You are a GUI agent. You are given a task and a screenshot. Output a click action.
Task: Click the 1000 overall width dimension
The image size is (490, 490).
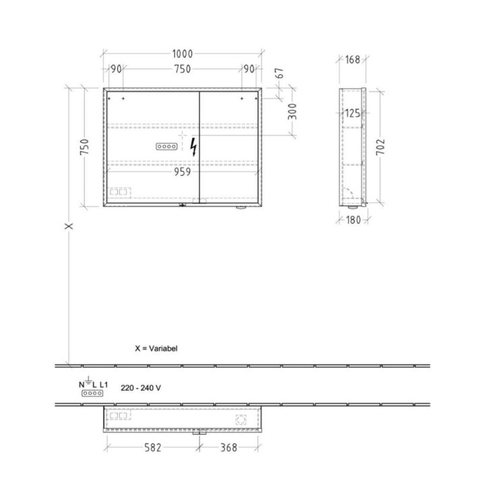(x=183, y=54)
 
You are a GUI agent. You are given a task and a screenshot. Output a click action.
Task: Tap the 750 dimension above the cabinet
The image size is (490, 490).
(x=183, y=69)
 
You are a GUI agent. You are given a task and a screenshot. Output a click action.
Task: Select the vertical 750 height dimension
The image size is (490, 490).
(x=84, y=146)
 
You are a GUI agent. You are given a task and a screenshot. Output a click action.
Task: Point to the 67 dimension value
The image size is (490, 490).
(x=280, y=73)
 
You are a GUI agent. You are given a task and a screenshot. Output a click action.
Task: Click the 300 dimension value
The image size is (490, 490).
(x=293, y=112)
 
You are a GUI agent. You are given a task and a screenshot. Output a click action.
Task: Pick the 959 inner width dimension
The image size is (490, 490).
(x=182, y=172)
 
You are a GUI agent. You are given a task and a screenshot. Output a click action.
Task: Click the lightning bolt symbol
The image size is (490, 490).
(x=193, y=147)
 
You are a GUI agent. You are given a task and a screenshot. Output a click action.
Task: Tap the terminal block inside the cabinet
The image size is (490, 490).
(x=167, y=146)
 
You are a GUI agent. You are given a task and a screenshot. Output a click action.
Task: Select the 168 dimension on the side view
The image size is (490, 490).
(x=353, y=59)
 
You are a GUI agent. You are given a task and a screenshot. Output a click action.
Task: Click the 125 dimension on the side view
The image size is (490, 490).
(x=353, y=113)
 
